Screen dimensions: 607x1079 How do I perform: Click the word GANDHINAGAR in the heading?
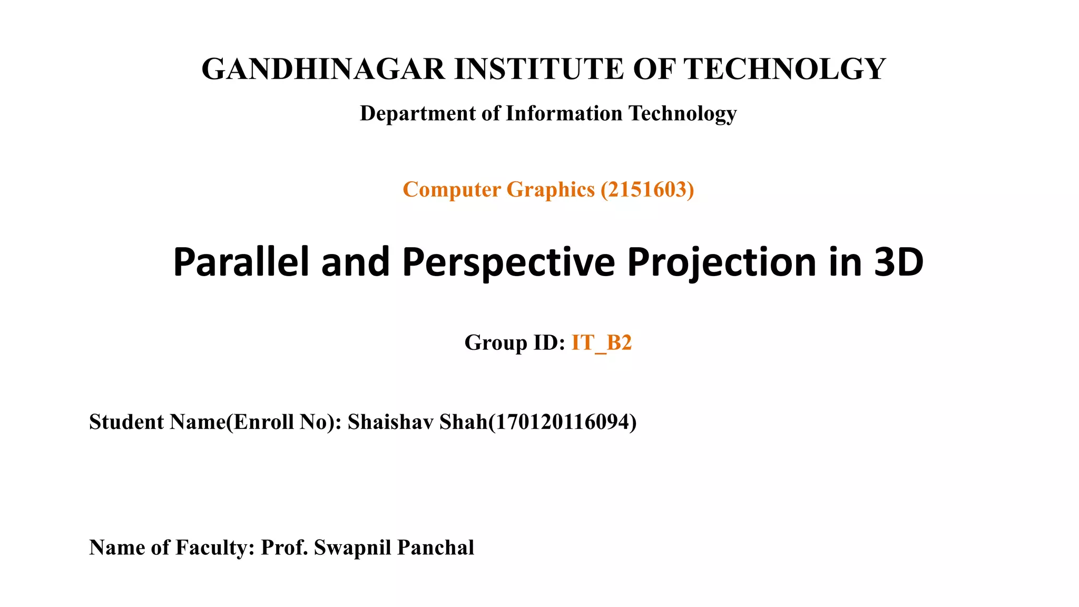coord(323,69)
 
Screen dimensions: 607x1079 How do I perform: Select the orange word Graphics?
coord(550,190)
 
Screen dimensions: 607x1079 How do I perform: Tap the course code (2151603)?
coord(647,190)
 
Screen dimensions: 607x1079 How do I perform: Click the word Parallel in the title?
coord(241,262)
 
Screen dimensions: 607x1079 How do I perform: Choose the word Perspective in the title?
coord(508,262)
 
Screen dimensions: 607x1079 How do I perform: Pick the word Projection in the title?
coord(722,262)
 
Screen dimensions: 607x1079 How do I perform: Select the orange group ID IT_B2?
coord(601,343)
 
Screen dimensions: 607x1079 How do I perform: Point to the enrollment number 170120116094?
coord(562,422)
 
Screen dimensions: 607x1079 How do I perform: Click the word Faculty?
coord(215,548)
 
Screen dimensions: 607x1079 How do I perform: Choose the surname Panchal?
coord(436,548)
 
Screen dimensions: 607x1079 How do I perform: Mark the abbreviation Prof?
coord(285,548)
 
